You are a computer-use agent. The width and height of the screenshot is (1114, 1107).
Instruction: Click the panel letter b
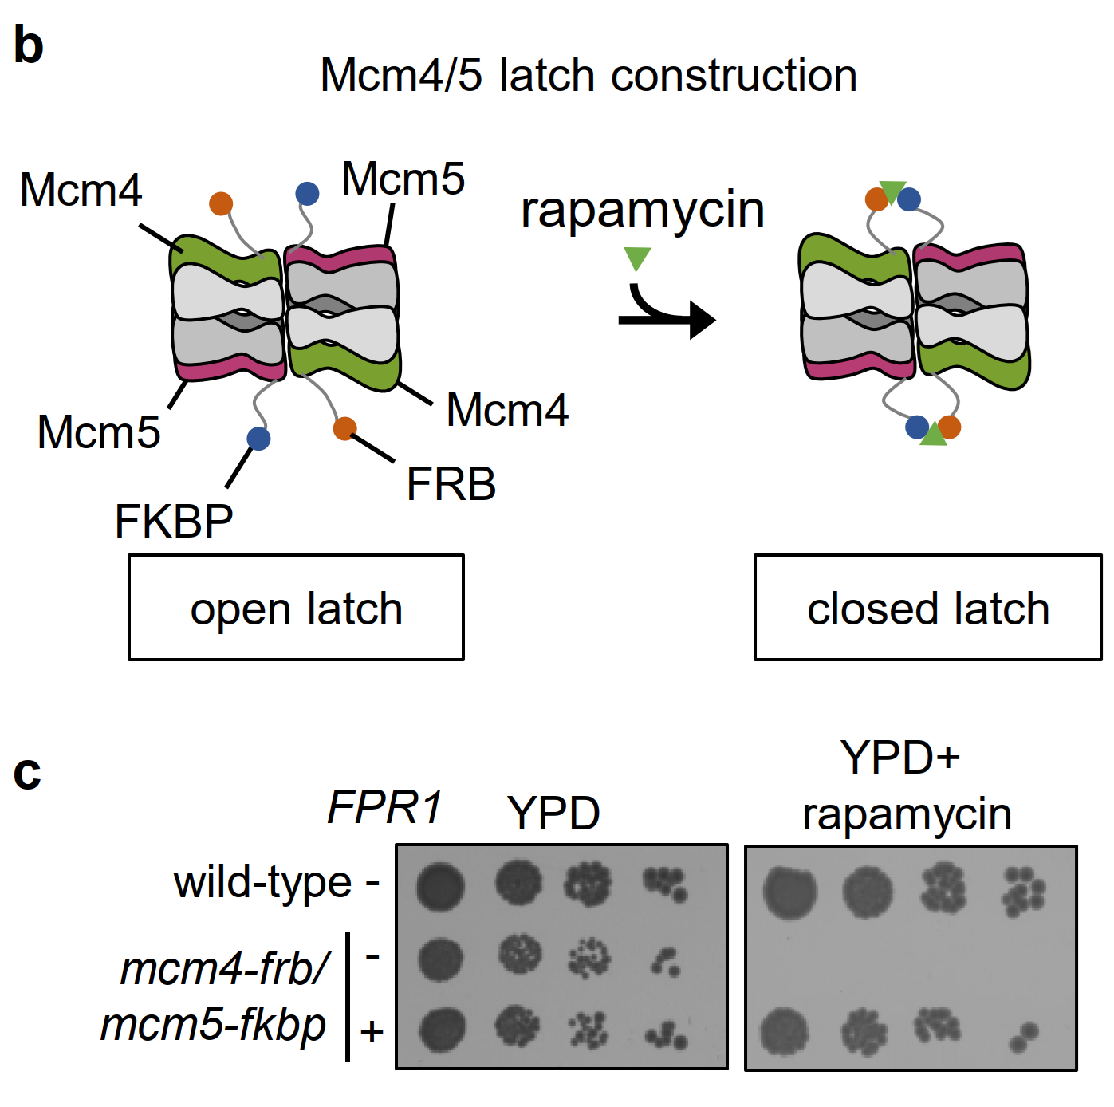[29, 45]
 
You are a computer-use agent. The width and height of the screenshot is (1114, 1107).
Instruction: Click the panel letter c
[27, 772]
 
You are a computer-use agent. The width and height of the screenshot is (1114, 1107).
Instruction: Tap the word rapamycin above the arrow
[642, 211]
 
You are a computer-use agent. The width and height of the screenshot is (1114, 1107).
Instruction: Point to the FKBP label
[174, 522]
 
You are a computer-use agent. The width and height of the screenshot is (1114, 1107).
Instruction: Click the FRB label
[451, 484]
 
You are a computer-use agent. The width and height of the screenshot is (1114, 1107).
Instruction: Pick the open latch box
[296, 608]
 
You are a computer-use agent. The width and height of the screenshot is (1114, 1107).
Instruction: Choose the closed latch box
[927, 608]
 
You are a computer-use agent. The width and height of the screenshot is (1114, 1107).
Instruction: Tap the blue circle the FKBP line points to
[258, 439]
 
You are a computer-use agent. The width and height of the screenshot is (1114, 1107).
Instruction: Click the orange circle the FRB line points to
[344, 428]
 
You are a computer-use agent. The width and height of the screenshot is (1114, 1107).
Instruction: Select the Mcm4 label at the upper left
[81, 191]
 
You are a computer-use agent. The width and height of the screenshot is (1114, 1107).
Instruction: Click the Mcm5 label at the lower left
[99, 432]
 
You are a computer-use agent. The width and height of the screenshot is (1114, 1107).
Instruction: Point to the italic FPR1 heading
[384, 807]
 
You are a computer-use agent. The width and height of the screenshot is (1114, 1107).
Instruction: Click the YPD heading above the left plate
[553, 814]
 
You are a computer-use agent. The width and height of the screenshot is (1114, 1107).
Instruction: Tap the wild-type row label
[262, 883]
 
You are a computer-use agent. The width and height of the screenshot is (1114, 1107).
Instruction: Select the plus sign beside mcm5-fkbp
[372, 1032]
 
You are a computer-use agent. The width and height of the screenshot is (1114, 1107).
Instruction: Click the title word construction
[734, 76]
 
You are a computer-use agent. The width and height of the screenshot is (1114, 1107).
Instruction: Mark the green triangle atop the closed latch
[892, 190]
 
